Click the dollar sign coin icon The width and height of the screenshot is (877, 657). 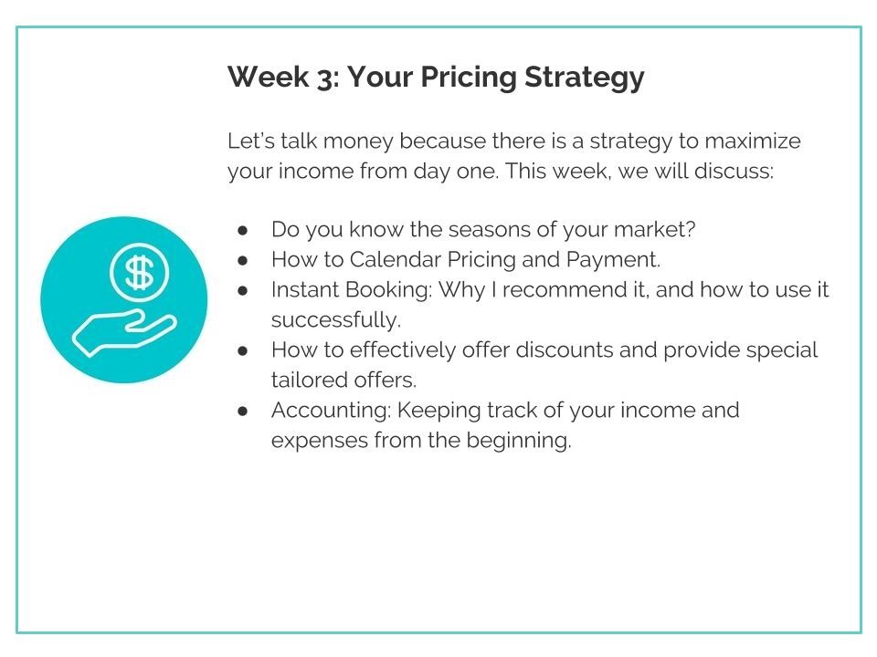tap(139, 273)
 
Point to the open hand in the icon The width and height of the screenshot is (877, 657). tap(124, 333)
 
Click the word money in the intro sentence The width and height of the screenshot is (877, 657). tap(358, 141)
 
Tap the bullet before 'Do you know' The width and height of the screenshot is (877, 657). tap(243, 230)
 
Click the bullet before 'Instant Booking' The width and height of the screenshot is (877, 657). tap(243, 290)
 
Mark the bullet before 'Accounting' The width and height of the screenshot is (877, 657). tap(243, 411)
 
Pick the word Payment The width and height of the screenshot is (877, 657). tap(613, 260)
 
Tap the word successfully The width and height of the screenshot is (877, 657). tap(335, 320)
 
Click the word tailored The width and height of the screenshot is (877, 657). tap(307, 381)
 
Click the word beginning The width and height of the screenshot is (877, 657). tap(519, 442)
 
